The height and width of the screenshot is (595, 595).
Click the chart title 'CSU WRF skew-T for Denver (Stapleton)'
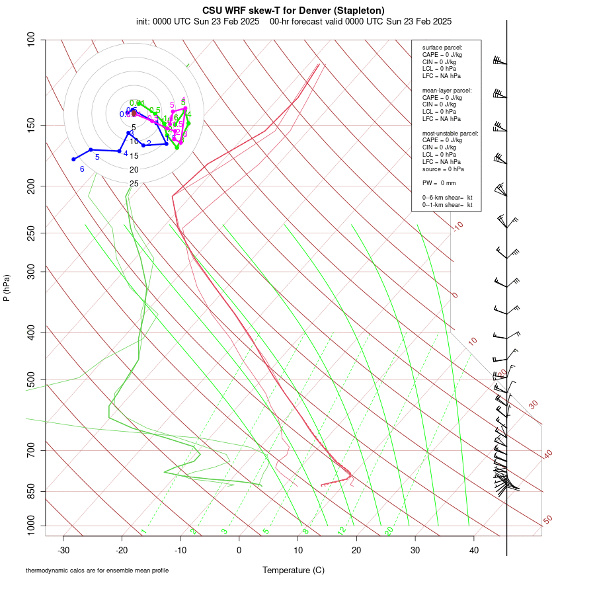294,10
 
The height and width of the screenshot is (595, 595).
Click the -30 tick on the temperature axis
63,550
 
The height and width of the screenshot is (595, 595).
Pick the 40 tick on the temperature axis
473,550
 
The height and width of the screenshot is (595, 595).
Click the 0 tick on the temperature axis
239,550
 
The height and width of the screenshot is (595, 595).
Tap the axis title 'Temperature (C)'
294,570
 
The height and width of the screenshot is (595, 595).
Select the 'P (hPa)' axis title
7,288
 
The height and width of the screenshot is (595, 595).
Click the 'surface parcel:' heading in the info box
442,48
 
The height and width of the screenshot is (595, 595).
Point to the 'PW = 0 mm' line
438,182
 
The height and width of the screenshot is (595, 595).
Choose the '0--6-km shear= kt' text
448,198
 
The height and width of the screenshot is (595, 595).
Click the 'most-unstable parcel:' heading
450,134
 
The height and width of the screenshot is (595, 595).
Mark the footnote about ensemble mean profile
97,571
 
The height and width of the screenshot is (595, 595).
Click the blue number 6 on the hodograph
82,169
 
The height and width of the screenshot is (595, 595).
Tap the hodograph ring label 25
134,184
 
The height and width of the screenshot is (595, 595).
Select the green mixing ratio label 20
389,531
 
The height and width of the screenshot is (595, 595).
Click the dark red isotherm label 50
547,520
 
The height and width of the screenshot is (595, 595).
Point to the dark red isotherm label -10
457,227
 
